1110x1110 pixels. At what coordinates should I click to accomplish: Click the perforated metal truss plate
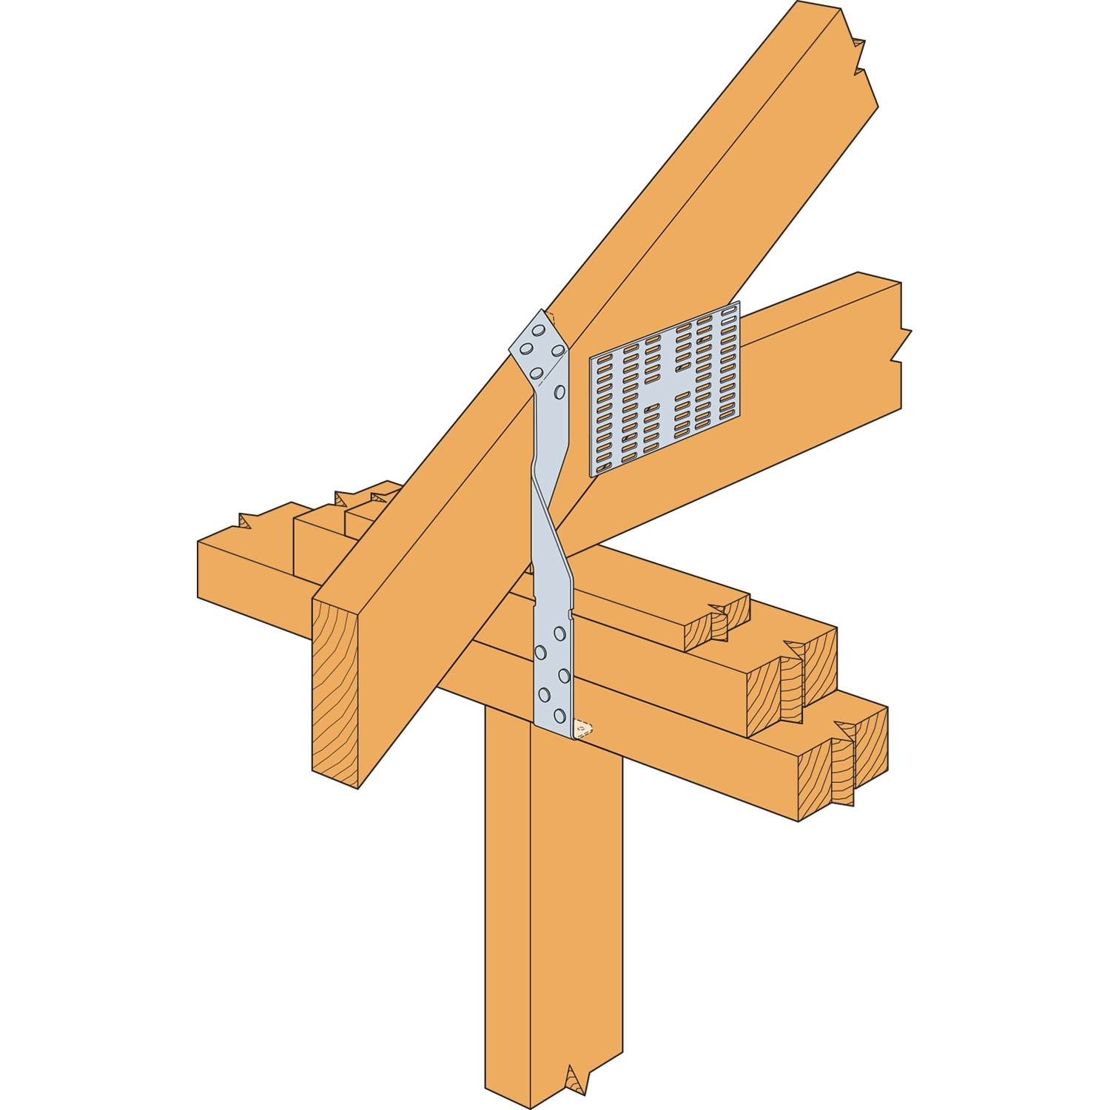point(665,388)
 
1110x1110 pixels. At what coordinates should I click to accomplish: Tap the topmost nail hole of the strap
point(538,331)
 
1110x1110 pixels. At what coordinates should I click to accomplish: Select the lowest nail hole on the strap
point(559,716)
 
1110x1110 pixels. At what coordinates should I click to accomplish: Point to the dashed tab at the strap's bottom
point(584,730)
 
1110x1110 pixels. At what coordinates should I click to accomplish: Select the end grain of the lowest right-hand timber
point(844,762)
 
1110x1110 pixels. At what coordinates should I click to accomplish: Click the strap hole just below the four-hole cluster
point(560,392)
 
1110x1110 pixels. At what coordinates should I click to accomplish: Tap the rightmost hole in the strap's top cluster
point(558,350)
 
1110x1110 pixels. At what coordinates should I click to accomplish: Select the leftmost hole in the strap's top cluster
point(526,349)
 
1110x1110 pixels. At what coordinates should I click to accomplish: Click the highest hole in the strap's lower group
point(559,633)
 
